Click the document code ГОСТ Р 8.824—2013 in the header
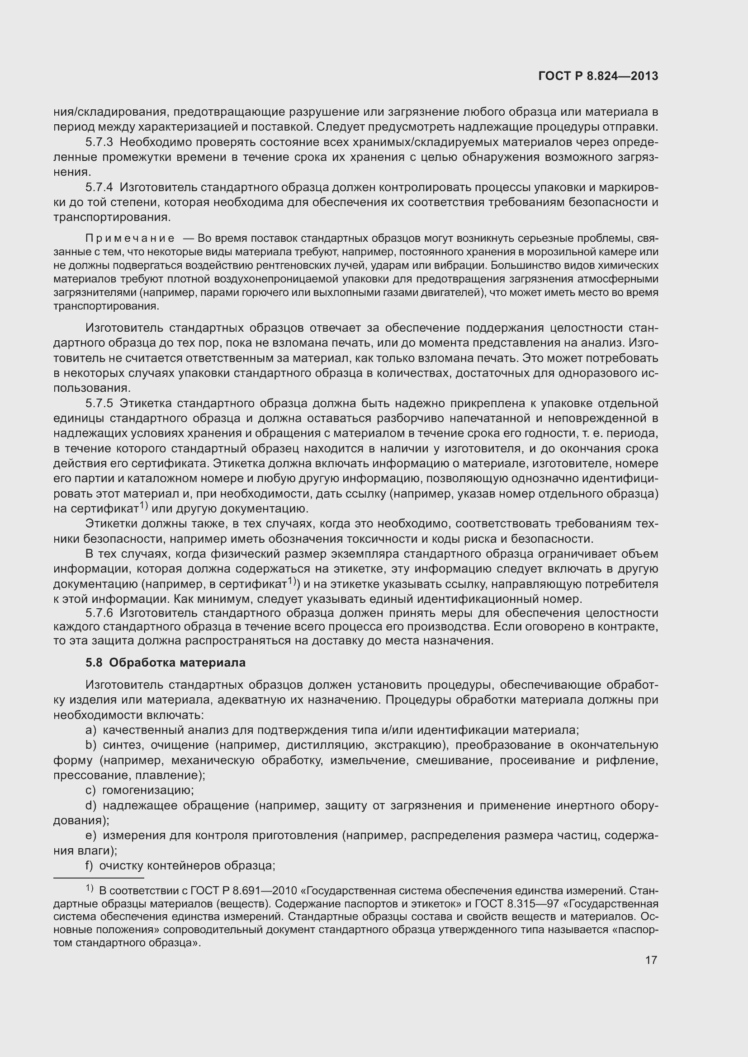(598, 76)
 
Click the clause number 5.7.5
(99, 403)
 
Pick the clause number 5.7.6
(99, 613)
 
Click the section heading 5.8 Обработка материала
(166, 662)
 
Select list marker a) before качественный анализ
(91, 730)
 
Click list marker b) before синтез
(91, 745)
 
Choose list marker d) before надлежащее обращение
(91, 805)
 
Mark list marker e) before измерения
(91, 835)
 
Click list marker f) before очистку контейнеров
(90, 865)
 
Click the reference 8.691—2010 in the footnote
(264, 891)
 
